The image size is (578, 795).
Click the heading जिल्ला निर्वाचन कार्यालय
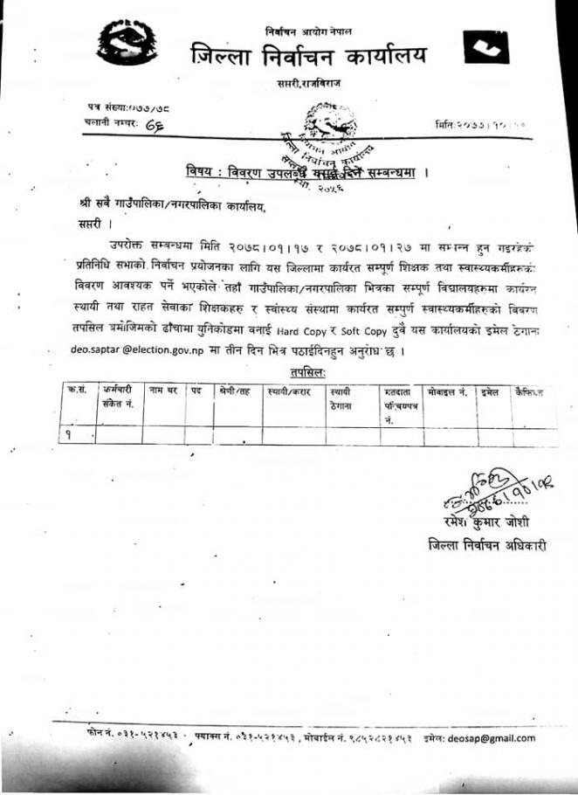[x=309, y=56]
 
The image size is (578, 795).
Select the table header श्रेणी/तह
[x=235, y=392]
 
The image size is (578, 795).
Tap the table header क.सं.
[x=76, y=391]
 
